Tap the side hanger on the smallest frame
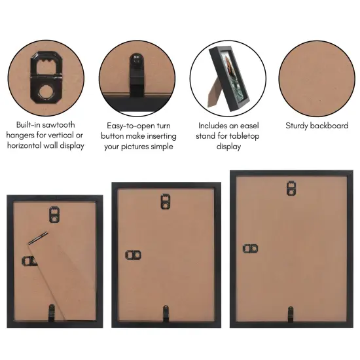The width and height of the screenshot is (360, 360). [30, 261]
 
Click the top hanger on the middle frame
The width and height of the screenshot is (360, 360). [166, 200]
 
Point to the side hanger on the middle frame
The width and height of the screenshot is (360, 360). [132, 254]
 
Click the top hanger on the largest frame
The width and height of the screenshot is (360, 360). [291, 188]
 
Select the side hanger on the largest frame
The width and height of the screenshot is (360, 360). [250, 249]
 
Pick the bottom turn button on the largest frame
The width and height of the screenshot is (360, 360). [291, 312]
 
